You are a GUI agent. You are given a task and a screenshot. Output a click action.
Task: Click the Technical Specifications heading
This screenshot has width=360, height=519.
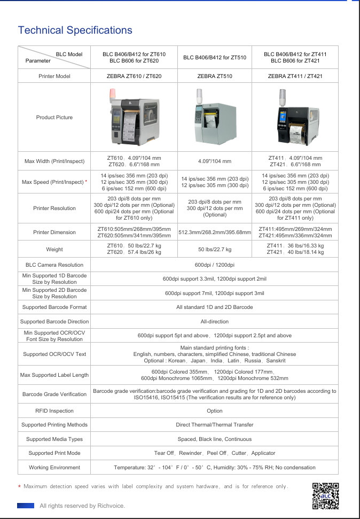75,30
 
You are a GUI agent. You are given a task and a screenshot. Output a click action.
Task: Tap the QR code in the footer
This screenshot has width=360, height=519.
325,496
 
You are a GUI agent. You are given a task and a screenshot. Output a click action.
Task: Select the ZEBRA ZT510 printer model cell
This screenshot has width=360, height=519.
215,76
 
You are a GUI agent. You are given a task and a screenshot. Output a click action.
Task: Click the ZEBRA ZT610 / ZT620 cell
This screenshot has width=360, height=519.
134,76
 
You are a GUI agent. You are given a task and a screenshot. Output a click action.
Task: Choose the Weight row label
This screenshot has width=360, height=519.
54,249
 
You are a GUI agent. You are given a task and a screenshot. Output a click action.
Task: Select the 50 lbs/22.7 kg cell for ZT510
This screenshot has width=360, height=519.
215,249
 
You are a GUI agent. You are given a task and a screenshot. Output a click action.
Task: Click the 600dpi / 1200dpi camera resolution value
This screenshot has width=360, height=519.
214,265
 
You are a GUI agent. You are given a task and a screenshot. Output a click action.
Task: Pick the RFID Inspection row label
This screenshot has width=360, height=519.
54,411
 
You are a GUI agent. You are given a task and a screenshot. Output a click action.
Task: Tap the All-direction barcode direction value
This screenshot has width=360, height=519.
214,322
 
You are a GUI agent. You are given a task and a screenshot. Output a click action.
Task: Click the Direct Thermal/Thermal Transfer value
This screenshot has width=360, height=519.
214,425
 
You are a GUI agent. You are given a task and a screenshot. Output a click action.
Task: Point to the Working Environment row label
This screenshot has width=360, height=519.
54,468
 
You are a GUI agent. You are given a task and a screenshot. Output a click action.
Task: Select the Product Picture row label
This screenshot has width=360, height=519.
54,118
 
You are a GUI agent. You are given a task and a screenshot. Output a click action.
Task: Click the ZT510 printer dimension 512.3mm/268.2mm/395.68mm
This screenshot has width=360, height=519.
215,233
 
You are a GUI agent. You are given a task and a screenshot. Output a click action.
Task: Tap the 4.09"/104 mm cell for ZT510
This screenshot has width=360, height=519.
215,161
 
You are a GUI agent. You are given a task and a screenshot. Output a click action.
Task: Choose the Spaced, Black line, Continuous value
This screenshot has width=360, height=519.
214,439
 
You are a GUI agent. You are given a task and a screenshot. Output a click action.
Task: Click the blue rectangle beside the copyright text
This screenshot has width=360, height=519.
26,506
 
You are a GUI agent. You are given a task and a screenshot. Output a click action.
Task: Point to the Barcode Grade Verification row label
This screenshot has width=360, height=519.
54,394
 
